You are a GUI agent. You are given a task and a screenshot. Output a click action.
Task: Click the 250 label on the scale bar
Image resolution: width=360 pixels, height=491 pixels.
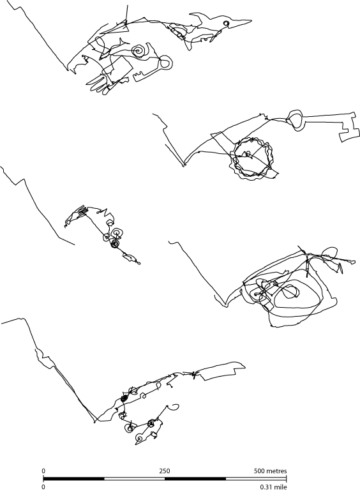click(165, 471)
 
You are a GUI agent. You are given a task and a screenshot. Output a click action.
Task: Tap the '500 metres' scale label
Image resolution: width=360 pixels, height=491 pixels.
click(270, 471)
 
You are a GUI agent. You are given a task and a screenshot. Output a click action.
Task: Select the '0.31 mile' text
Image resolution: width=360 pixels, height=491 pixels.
click(273, 487)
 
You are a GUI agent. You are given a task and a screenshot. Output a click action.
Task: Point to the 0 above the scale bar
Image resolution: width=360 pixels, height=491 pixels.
click(43, 471)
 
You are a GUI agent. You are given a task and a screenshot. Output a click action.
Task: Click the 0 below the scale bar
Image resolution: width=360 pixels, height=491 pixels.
click(43, 487)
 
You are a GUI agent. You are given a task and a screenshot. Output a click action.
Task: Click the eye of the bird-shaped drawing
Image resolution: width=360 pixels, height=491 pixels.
click(226, 23)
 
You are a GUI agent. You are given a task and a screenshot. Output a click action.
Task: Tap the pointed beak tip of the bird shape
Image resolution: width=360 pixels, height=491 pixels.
click(251, 21)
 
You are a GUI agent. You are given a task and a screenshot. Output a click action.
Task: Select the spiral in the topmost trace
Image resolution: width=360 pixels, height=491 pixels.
click(138, 50)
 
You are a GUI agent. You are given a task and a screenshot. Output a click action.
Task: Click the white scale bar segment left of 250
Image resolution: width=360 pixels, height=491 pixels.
click(134, 478)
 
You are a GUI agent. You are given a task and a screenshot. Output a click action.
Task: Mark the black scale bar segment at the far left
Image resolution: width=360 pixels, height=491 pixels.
click(74, 478)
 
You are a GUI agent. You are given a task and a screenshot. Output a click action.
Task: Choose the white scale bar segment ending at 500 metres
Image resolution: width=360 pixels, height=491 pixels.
click(256, 478)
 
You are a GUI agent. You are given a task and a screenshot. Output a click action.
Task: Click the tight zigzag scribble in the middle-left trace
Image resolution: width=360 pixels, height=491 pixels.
click(82, 210)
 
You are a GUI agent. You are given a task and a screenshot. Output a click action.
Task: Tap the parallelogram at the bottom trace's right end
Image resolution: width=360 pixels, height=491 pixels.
click(220, 371)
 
